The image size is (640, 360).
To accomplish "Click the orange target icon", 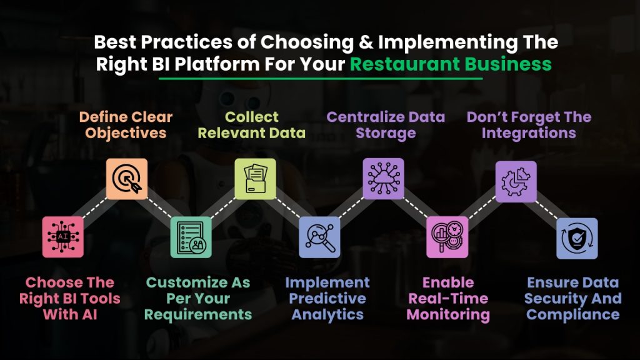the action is pos(127,179).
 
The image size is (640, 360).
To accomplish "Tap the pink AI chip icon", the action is pos(63,237).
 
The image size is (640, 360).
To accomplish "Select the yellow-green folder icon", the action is pos(255,179).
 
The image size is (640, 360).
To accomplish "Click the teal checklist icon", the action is pos(191,237).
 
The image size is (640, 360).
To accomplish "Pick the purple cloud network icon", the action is pos(383,179).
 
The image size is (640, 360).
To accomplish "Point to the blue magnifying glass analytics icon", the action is pos(319,237).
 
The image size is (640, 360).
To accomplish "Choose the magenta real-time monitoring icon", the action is pos(447,237).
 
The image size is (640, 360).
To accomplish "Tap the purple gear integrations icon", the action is pos(516,182).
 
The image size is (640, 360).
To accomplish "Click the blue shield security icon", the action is pos(577,238).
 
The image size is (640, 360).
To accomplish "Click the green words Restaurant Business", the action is pos(451,64).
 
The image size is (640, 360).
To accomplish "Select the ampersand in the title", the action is pos(366,42).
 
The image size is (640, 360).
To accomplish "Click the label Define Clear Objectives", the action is pos(126,125).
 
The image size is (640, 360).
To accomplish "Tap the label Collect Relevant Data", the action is pos(252,125).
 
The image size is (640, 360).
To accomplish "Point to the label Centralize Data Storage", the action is pos(386,125).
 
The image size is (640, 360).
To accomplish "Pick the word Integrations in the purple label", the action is pos(529,134).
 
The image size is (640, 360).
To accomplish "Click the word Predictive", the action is pos(327,298).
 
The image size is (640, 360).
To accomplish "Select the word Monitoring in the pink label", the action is pos(448,315).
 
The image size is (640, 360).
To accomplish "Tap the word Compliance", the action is pos(573,315).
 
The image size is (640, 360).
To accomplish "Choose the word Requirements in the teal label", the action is pos(198,315).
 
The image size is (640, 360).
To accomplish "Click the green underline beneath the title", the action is pos(321,78).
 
